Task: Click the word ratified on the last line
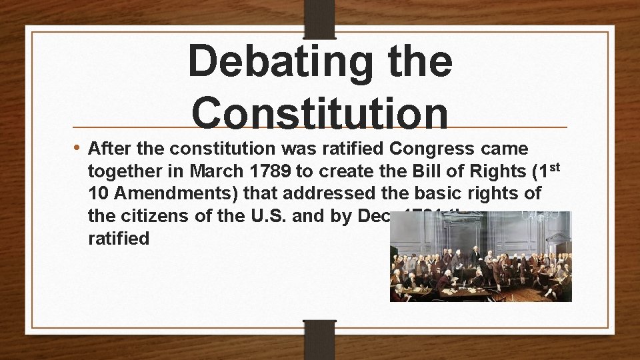coord(119,239)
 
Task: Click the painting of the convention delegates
coord(481,257)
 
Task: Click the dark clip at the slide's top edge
coord(320,17)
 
